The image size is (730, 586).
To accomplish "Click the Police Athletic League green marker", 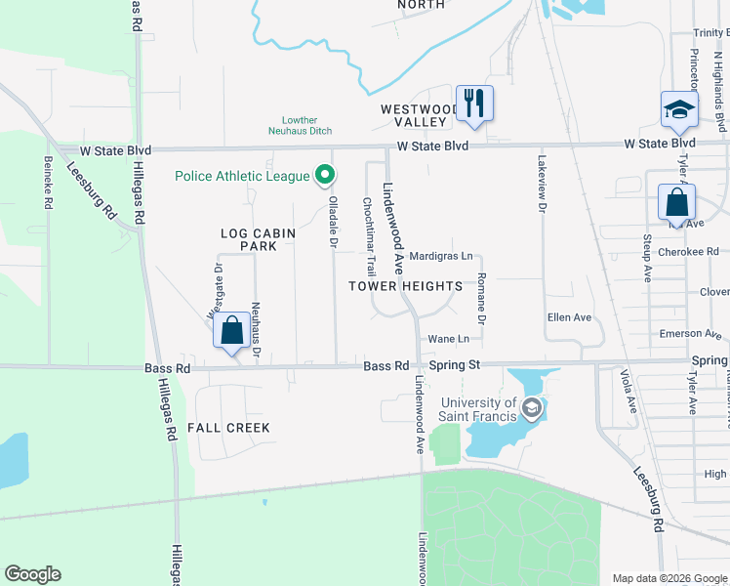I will coord(326,177).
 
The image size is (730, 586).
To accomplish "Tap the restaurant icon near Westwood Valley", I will coord(474,103).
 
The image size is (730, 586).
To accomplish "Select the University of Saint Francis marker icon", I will coord(531,407).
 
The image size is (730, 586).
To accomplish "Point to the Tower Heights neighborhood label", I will coord(406,286).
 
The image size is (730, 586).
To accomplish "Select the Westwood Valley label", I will coord(420,115).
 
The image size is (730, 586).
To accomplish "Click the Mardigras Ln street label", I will coord(440,256).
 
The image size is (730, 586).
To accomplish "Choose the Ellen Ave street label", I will coord(570,317).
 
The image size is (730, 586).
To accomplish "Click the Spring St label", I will coord(455,365).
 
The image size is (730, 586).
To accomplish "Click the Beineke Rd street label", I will coord(47,183).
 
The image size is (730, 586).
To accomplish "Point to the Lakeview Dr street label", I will coord(542,183).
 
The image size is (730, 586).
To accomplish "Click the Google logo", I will coord(32,574).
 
